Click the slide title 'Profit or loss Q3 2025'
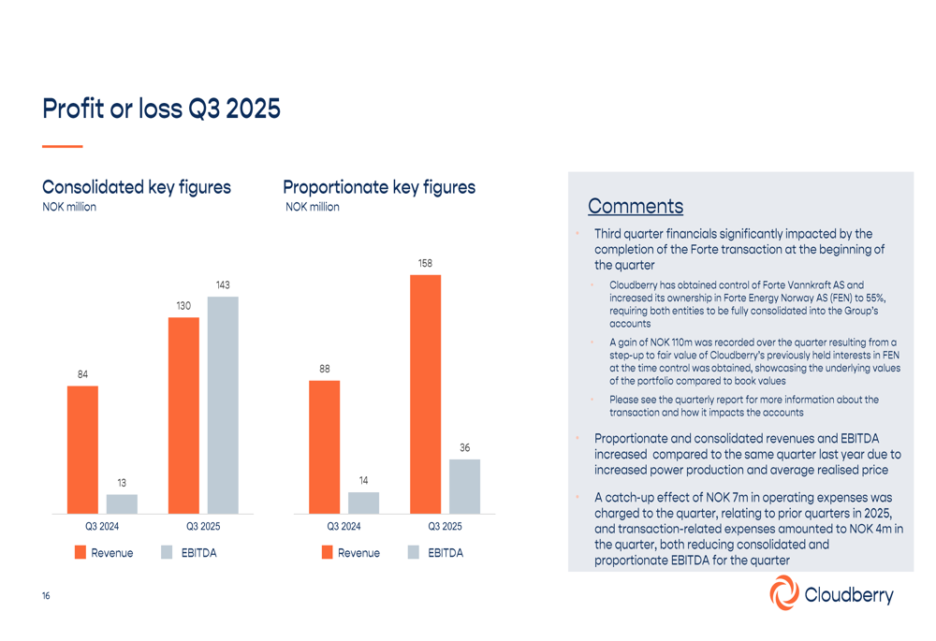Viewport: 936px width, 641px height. point(161,109)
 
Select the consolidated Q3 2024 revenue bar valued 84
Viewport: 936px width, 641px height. point(82,449)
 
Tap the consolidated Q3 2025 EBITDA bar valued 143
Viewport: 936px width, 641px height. point(223,405)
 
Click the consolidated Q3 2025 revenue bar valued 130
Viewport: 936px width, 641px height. point(183,415)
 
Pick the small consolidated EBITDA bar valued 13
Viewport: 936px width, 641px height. point(122,504)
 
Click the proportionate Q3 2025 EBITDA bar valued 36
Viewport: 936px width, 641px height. point(464,487)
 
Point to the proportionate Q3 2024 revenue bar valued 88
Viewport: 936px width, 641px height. point(325,446)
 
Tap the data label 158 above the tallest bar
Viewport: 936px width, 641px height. point(425,264)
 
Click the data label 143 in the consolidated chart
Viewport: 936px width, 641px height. point(223,285)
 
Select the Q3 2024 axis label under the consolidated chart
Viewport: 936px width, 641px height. point(102,527)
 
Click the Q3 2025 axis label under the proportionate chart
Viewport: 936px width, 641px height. point(445,527)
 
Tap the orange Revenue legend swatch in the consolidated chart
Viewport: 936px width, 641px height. point(81,553)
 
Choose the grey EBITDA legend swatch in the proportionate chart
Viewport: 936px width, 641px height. point(414,553)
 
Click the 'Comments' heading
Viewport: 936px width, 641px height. point(635,206)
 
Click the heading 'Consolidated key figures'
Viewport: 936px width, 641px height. point(137,187)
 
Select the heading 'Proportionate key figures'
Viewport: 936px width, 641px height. point(379,187)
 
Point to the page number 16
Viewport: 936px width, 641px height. point(46,596)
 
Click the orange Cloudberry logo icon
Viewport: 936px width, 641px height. point(784,593)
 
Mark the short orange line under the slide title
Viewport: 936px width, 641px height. point(63,146)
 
